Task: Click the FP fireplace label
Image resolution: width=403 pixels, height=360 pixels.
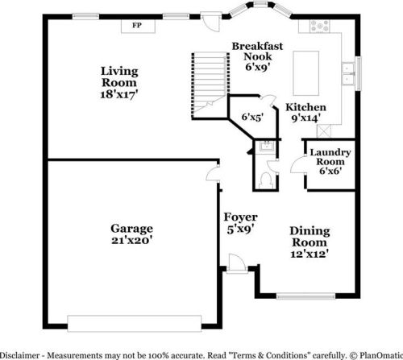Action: pyautogui.click(x=137, y=26)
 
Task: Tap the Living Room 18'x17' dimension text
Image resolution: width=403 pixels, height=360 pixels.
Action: pyautogui.click(x=119, y=94)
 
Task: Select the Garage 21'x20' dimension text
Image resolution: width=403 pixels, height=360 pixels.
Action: pyautogui.click(x=132, y=240)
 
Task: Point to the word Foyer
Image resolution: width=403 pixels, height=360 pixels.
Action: pyautogui.click(x=240, y=217)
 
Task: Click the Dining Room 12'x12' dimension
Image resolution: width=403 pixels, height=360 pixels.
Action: pyautogui.click(x=310, y=254)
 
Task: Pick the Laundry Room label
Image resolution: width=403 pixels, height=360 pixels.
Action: pyautogui.click(x=330, y=157)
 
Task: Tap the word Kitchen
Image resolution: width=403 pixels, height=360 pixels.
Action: pyautogui.click(x=305, y=107)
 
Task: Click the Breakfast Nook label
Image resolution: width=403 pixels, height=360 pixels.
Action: pyautogui.click(x=257, y=52)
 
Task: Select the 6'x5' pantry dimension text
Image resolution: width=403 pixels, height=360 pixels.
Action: pyautogui.click(x=252, y=117)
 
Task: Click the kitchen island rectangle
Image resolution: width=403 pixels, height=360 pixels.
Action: pyautogui.click(x=306, y=73)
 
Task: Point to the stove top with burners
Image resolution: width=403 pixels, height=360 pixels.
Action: pyautogui.click(x=320, y=27)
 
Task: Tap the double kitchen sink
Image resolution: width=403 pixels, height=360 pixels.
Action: pyautogui.click(x=348, y=73)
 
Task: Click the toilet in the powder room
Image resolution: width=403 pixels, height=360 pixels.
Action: pyautogui.click(x=266, y=180)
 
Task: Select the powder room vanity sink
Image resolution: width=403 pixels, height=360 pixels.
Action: pyautogui.click(x=266, y=147)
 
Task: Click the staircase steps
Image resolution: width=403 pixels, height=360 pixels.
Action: pyautogui.click(x=210, y=85)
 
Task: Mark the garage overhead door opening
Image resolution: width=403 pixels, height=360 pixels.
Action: pyautogui.click(x=135, y=324)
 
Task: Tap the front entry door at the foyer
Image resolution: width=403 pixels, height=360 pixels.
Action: pyautogui.click(x=237, y=263)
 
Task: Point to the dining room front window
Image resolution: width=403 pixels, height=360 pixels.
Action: pyautogui.click(x=306, y=296)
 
